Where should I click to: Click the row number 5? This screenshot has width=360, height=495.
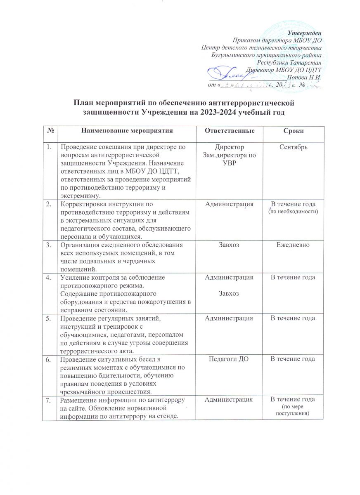[x=49, y=318]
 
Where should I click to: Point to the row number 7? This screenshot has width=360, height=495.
[x=49, y=400]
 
